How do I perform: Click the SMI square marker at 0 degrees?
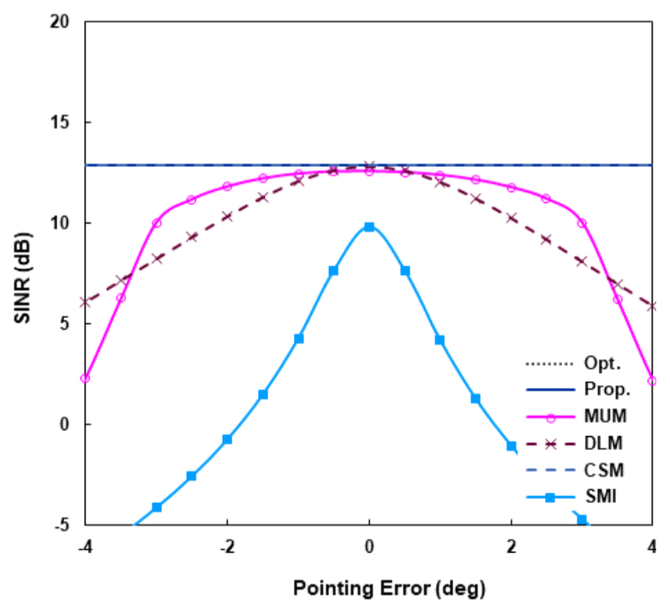pyautogui.click(x=369, y=227)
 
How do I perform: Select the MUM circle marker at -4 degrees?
pyautogui.click(x=85, y=378)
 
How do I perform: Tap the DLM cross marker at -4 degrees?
pyautogui.click(x=85, y=302)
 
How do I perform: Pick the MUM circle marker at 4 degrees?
pyautogui.click(x=653, y=380)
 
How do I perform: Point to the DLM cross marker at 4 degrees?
pyautogui.click(x=653, y=306)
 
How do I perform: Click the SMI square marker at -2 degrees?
pyautogui.click(x=227, y=440)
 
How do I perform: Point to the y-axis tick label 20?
pyautogui.click(x=58, y=21)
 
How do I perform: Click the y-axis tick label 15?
pyautogui.click(x=58, y=123)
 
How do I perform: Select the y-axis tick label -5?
pyautogui.click(x=60, y=525)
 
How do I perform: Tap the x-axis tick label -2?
pyautogui.click(x=227, y=548)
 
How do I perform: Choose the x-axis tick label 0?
pyautogui.click(x=369, y=548)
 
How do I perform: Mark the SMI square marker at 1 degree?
pyautogui.click(x=440, y=340)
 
